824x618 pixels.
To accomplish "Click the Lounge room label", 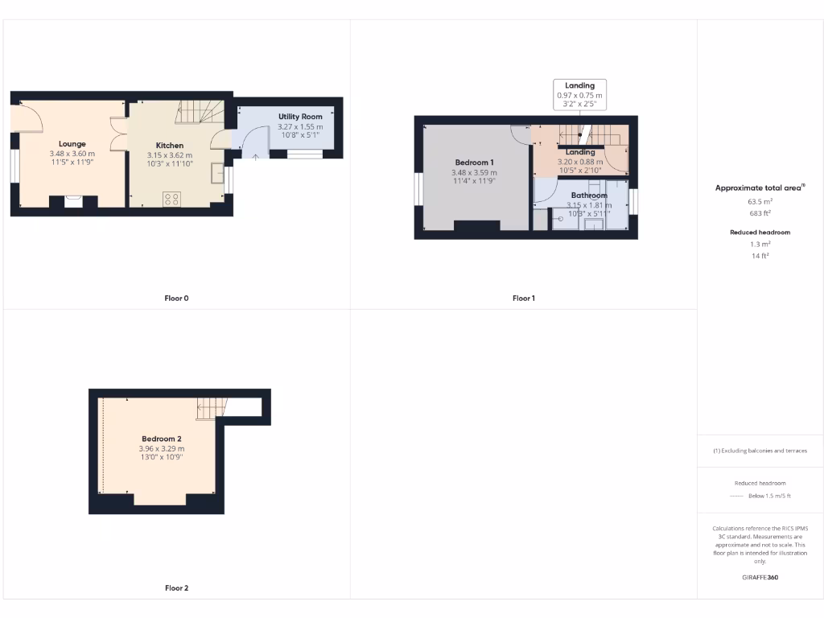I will [x=72, y=144].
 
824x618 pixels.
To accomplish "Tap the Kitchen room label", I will [x=170, y=146].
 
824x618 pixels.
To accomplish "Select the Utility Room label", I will [x=300, y=117].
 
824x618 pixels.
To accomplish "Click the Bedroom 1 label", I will [x=474, y=163].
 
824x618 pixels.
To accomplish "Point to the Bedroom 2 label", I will [x=162, y=439].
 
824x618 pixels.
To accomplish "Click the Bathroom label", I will [x=589, y=196].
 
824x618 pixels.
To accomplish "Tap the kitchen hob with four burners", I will [x=171, y=199].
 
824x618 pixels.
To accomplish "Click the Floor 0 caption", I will [x=176, y=299].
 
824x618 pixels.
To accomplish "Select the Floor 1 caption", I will [x=524, y=299].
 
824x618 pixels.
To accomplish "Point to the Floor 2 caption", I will [x=176, y=588].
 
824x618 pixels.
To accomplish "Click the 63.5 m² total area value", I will [x=760, y=203].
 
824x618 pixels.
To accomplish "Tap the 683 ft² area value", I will [x=760, y=213].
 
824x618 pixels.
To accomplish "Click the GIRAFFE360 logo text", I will [x=760, y=577].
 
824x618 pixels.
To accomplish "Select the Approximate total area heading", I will [x=759, y=187].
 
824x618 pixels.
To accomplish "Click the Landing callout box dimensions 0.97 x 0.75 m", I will [x=579, y=96].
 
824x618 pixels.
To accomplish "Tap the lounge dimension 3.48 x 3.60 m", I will [x=72, y=154].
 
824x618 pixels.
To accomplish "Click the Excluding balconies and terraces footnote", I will [x=760, y=451].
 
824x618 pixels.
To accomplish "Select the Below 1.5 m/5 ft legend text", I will [x=769, y=496].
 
